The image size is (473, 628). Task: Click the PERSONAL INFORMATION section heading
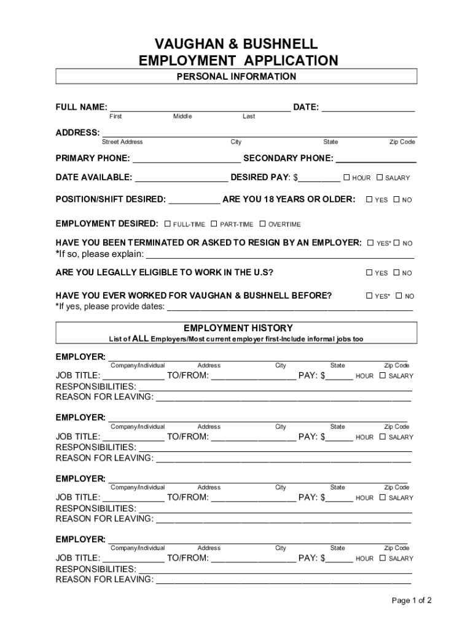click(x=237, y=77)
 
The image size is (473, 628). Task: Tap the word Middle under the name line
click(x=182, y=117)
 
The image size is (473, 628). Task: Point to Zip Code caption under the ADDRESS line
click(x=402, y=142)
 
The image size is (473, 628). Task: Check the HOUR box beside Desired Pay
click(x=346, y=177)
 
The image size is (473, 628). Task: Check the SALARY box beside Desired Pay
click(x=380, y=177)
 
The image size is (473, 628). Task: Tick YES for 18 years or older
click(x=369, y=199)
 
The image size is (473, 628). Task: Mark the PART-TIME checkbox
click(x=214, y=224)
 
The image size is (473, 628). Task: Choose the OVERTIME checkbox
click(x=262, y=224)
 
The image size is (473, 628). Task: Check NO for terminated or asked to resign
click(x=397, y=243)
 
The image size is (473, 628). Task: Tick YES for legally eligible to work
click(x=369, y=273)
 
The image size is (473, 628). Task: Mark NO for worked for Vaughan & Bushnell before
click(x=399, y=296)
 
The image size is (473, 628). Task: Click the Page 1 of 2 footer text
click(x=412, y=600)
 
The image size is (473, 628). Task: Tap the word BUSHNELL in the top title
click(x=281, y=44)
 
